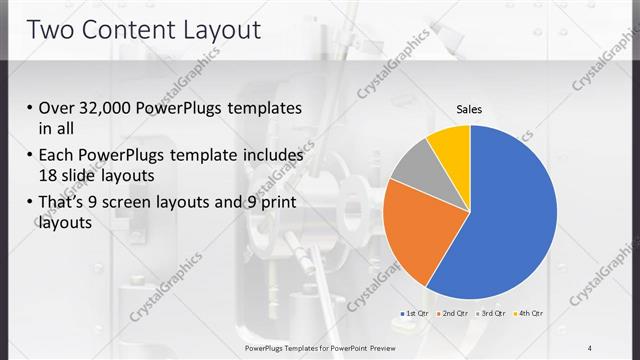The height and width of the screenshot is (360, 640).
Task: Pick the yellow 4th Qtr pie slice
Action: (450, 145)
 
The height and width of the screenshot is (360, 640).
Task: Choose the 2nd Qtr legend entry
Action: (452, 314)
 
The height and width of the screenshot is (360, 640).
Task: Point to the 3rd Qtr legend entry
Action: (490, 314)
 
